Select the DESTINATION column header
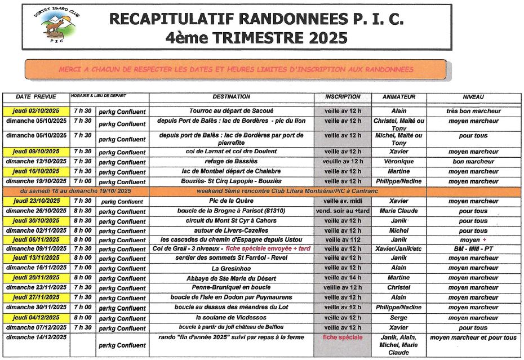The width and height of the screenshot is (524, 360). click(x=232, y=97)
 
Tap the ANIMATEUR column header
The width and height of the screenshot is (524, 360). click(x=398, y=97)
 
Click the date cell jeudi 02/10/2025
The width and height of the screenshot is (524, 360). click(x=36, y=111)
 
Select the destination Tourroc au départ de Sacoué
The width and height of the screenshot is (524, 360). click(x=232, y=111)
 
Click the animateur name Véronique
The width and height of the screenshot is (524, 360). click(x=398, y=161)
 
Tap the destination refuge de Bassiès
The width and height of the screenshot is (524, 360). click(x=232, y=161)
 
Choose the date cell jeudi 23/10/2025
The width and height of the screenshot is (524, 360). click(x=36, y=201)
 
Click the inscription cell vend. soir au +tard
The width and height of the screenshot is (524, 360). click(x=343, y=211)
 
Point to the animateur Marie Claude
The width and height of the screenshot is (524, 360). click(x=398, y=211)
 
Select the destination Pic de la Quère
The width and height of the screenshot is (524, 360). click(x=232, y=201)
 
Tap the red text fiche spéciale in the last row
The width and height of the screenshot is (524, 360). click(x=342, y=337)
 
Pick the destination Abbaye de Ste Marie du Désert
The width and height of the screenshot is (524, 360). click(x=232, y=278)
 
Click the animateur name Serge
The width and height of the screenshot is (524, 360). click(x=398, y=318)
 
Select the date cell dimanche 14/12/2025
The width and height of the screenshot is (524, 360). click(x=36, y=337)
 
